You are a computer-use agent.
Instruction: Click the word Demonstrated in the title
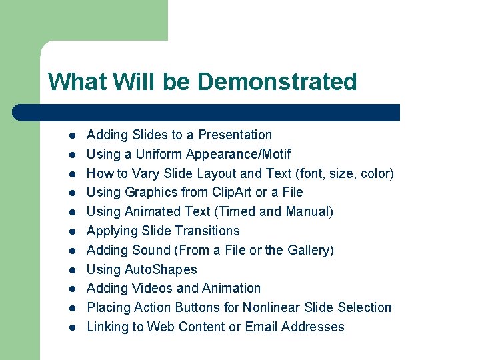(277, 82)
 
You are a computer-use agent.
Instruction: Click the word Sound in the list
(154, 250)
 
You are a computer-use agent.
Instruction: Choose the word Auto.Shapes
(161, 269)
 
